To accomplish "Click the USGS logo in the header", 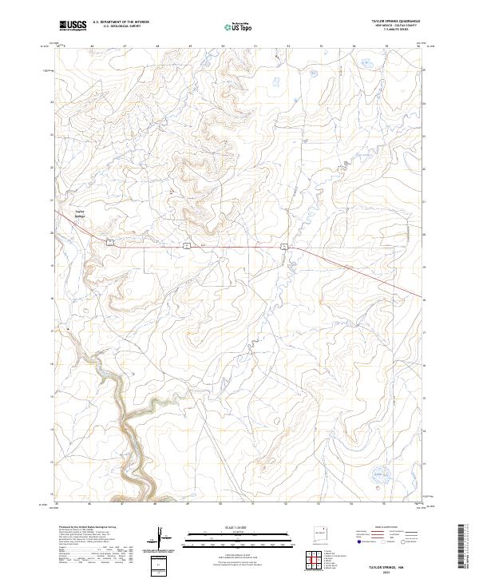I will point(73,27).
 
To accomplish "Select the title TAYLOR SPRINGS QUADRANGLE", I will point(388,22).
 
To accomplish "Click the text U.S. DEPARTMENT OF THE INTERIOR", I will point(121,23).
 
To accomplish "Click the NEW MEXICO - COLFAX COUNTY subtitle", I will point(388,27).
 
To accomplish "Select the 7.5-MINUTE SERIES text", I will point(388,31).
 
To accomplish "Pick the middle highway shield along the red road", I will point(185,245).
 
